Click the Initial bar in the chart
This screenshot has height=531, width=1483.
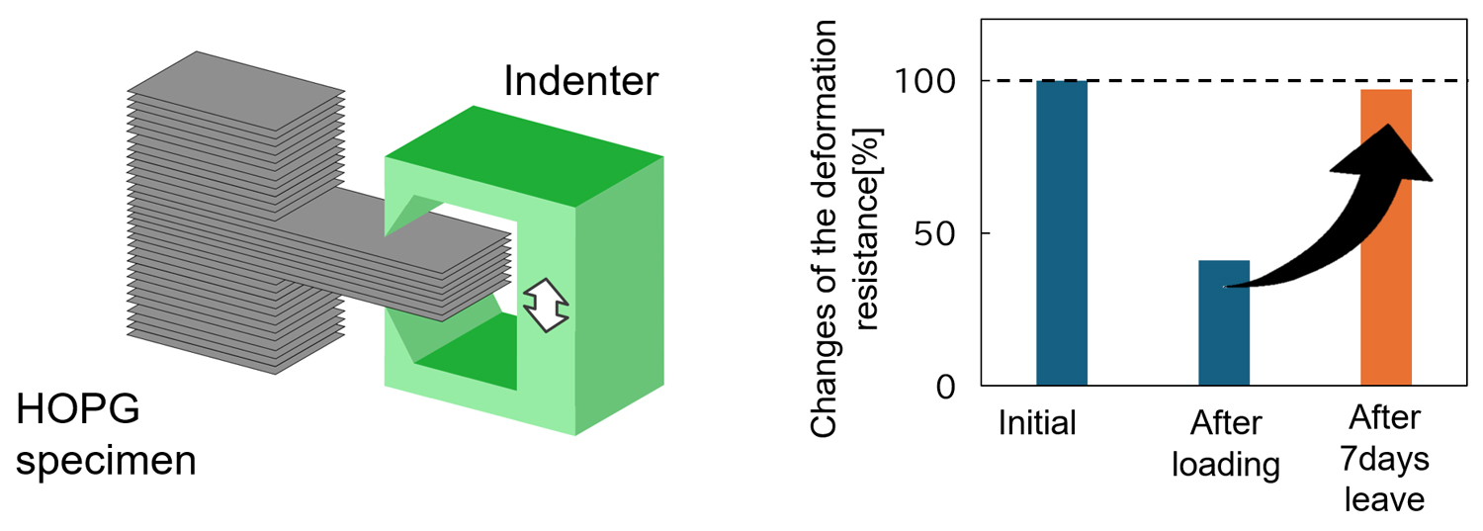[1061, 232]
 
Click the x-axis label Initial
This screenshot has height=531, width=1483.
[1037, 423]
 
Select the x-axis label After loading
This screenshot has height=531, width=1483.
[1226, 444]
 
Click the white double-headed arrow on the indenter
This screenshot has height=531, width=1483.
[548, 305]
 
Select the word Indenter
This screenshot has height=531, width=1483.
[580, 81]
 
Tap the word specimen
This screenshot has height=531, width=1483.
[106, 462]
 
